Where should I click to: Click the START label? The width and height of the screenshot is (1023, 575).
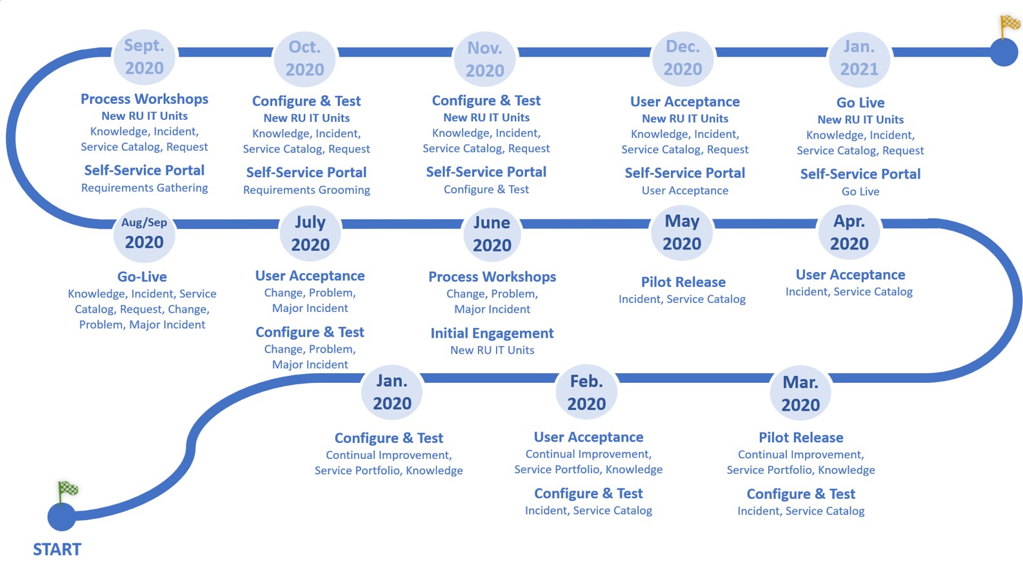(x=57, y=549)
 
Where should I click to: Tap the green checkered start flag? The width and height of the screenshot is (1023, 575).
(x=68, y=490)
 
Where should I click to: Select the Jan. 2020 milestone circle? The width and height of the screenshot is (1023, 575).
(x=392, y=392)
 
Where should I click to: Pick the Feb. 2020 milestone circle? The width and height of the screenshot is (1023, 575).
(x=586, y=392)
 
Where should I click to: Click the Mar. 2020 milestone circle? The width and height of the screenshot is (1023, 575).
(x=800, y=393)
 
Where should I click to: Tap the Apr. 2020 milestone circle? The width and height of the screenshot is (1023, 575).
(x=849, y=232)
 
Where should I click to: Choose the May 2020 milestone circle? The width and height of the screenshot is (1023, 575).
(x=682, y=232)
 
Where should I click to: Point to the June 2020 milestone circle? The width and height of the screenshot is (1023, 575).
(x=492, y=233)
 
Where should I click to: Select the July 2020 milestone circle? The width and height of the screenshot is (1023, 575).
(x=310, y=233)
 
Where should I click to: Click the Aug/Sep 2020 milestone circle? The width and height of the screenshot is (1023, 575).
(x=144, y=233)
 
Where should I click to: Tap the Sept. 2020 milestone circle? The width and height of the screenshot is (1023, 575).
(x=144, y=57)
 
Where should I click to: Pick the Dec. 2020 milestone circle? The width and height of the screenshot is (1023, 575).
(x=682, y=58)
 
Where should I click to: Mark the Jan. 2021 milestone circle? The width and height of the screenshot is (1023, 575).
(x=859, y=58)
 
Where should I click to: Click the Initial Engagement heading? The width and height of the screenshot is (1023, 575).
(x=492, y=333)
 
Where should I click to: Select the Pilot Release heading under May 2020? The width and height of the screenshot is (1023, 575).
(x=682, y=282)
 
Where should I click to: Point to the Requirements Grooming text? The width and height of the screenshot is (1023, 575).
(x=306, y=190)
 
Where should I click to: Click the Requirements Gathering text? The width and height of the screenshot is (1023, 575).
(x=144, y=188)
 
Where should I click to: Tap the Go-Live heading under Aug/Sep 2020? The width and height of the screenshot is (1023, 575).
(x=142, y=277)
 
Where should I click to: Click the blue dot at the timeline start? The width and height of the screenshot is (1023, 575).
(x=61, y=516)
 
